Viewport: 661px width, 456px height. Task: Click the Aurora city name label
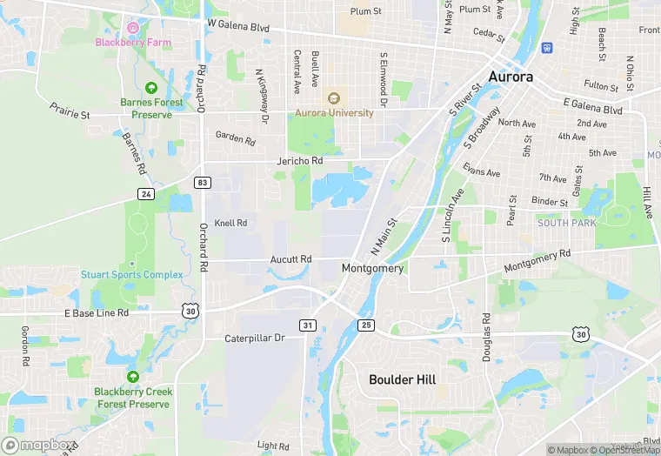tap(511, 77)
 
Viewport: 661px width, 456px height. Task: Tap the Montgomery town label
tap(373, 269)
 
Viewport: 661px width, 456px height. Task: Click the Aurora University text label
tap(334, 113)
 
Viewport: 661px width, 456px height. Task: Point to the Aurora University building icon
tap(334, 97)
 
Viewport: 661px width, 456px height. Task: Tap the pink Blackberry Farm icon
tap(133, 28)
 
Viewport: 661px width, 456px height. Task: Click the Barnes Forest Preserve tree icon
tap(151, 88)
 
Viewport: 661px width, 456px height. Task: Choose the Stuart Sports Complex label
tap(132, 275)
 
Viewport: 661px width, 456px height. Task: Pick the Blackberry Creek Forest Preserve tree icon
tap(133, 377)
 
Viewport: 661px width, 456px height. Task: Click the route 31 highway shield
tap(308, 325)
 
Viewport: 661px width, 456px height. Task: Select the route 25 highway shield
tap(366, 325)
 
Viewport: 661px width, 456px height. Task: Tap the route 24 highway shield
tap(146, 193)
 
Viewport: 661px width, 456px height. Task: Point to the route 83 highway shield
tap(203, 182)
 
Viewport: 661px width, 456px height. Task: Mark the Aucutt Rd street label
tap(290, 259)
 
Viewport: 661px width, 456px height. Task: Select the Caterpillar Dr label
tap(255, 338)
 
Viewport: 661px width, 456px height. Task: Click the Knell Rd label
tap(230, 224)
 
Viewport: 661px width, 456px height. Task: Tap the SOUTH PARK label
tap(566, 223)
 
